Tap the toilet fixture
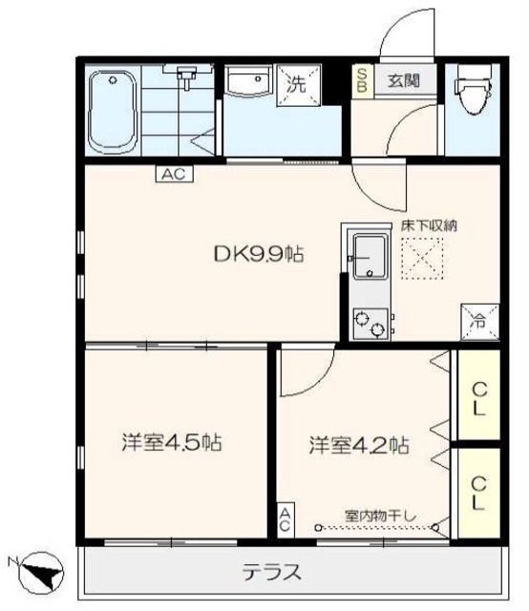click(x=473, y=90)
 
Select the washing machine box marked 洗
click(x=299, y=85)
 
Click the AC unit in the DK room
click(x=174, y=174)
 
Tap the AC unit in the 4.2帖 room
click(x=285, y=519)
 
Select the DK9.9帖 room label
click(x=259, y=254)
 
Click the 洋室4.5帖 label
click(x=172, y=443)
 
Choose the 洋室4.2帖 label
click(x=359, y=445)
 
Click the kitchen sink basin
click(x=369, y=256)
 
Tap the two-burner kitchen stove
click(x=370, y=324)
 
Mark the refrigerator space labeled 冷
click(x=479, y=322)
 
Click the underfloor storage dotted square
click(x=423, y=258)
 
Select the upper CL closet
click(x=479, y=395)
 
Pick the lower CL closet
click(x=479, y=494)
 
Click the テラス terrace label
click(x=272, y=572)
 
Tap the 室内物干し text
click(x=380, y=516)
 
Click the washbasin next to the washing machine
click(x=249, y=80)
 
